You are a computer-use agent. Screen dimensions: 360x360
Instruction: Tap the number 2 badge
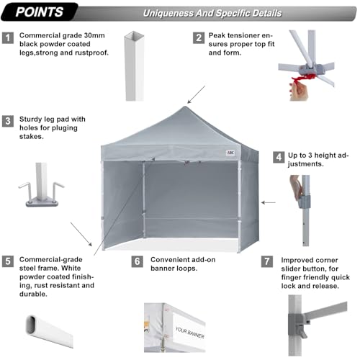click(197, 37)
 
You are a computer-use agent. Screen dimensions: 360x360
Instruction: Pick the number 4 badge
click(277, 156)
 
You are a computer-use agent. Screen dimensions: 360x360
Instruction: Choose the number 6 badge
click(138, 261)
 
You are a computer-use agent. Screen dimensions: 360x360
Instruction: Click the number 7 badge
click(268, 261)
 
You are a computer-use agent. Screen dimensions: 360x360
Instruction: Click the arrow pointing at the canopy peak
click(196, 94)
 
